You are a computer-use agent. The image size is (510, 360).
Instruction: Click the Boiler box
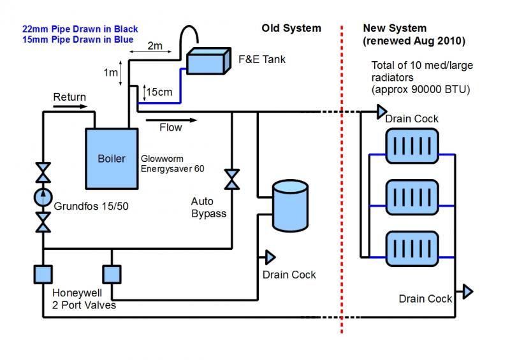(112, 158)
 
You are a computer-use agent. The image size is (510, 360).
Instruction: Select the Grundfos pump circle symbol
(43, 197)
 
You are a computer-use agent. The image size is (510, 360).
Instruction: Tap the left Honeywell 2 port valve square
(43, 274)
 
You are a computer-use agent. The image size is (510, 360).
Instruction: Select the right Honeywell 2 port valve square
(112, 274)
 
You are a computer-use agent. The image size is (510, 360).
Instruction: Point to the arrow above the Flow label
(171, 119)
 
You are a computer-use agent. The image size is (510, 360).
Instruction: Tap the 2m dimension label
(155, 45)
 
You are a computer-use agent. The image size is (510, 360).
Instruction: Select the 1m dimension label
(110, 72)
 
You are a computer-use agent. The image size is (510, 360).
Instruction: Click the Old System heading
(291, 28)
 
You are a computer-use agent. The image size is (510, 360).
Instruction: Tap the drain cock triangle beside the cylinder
(270, 257)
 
